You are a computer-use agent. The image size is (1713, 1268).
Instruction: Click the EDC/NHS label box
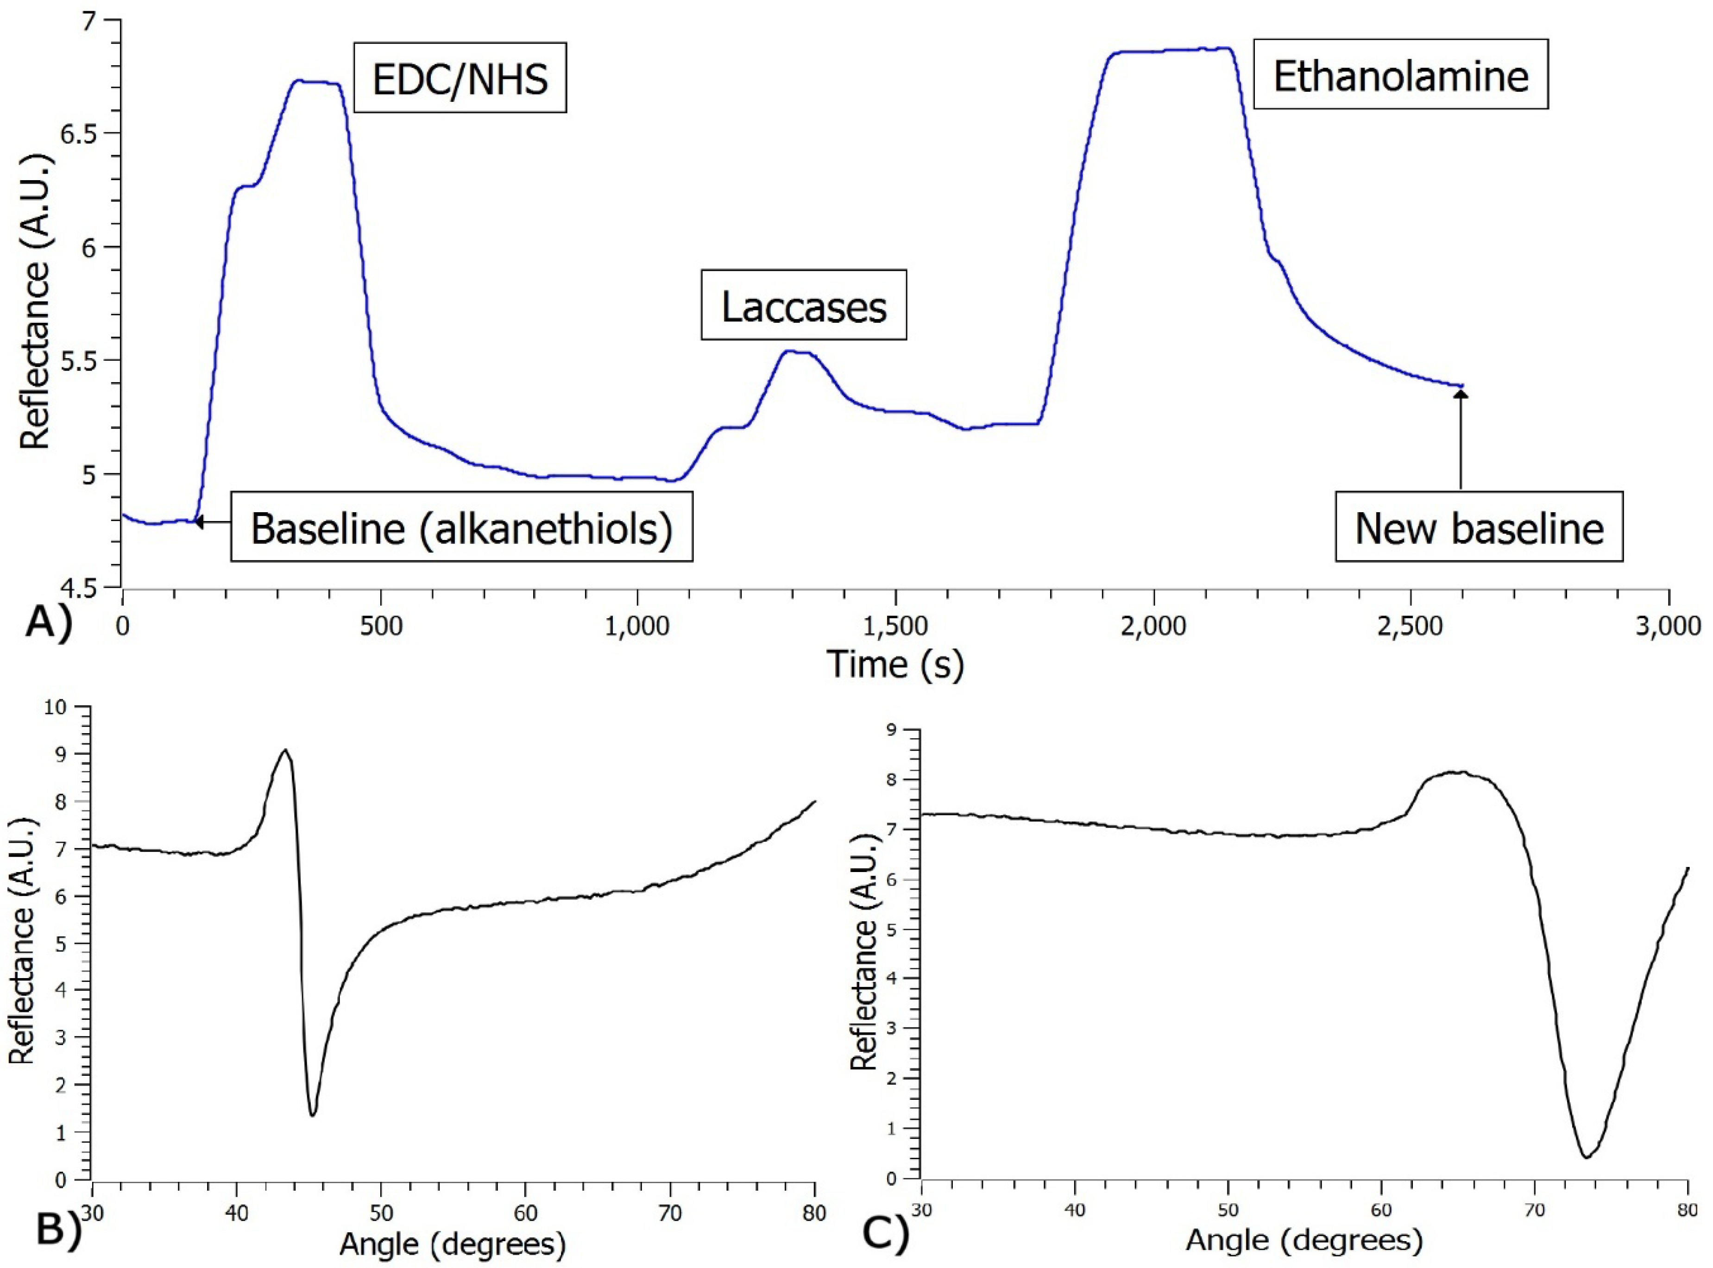point(460,78)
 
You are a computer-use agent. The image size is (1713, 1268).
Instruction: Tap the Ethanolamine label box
point(1400,75)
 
